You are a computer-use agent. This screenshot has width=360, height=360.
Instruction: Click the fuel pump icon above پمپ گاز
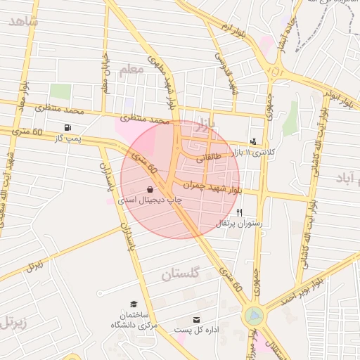tap(67, 127)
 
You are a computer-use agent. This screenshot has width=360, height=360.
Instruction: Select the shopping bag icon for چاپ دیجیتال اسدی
tap(150, 190)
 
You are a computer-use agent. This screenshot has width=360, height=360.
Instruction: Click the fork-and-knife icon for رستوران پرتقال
tap(240, 212)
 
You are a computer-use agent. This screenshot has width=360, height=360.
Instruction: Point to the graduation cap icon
tap(133, 304)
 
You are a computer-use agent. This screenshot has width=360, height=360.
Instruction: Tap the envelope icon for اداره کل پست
tap(196, 319)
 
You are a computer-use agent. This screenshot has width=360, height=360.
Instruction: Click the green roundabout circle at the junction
tap(254, 317)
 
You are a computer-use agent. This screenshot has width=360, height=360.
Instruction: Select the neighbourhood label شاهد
tap(22, 20)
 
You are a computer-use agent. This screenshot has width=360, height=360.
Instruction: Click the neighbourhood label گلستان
tap(181, 274)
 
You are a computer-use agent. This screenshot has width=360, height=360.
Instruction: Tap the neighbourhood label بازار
tap(203, 124)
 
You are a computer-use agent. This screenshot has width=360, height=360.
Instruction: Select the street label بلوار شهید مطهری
tap(161, 81)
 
